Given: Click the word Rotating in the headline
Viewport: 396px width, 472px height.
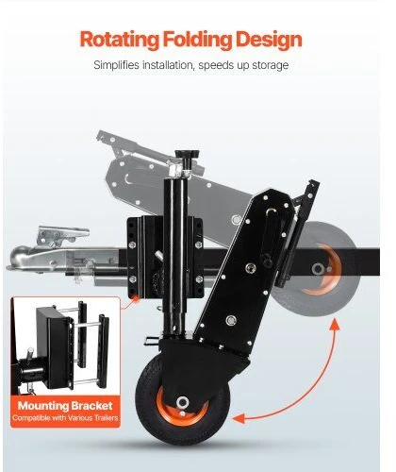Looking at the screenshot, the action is coord(120,40).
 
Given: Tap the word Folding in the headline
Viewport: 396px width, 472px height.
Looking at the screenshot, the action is coord(197,40).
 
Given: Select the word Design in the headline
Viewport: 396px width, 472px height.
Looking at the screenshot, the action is coord(269,40).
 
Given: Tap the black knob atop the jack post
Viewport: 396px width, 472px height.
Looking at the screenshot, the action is coord(187,157).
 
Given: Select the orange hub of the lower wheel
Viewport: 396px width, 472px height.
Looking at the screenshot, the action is coord(182,406).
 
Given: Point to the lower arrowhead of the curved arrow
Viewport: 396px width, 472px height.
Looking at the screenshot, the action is coord(239,418).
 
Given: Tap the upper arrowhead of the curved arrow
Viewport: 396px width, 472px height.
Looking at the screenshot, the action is coord(335,325).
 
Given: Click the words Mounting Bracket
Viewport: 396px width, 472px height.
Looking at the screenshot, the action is coord(65,406).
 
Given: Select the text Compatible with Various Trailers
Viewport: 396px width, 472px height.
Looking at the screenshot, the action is coord(65,418).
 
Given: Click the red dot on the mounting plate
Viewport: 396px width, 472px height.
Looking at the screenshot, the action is coord(136,298).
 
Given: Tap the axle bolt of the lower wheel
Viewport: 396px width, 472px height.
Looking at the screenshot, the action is coord(182,402).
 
